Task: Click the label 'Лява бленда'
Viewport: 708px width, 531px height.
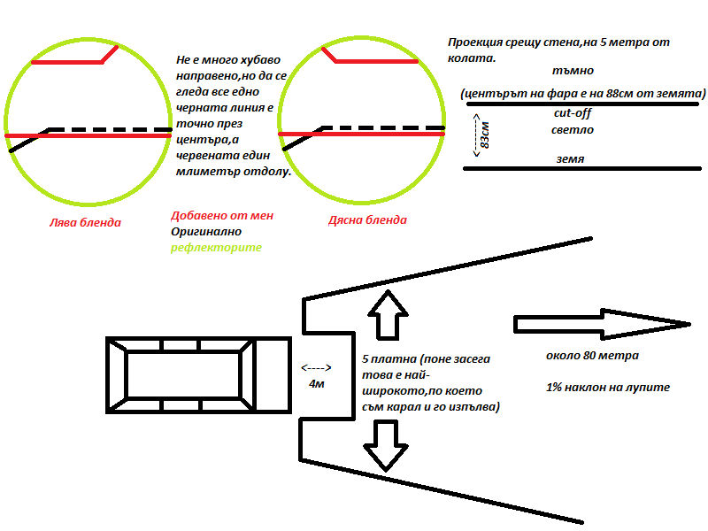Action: click(x=85, y=222)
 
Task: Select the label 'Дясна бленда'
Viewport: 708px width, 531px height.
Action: click(x=367, y=220)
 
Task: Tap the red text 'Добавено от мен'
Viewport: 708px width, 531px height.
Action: click(x=222, y=215)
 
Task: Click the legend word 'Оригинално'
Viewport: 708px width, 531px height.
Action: click(x=206, y=231)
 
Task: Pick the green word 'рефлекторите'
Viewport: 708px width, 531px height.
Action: click(x=216, y=248)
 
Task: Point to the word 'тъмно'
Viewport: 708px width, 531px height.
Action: click(x=570, y=70)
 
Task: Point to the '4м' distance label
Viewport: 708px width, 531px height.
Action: click(x=316, y=385)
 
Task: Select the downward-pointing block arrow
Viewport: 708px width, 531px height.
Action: click(x=386, y=442)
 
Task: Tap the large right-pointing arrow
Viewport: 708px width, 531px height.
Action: click(x=602, y=324)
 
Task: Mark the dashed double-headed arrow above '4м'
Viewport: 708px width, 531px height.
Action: click(x=316, y=367)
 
